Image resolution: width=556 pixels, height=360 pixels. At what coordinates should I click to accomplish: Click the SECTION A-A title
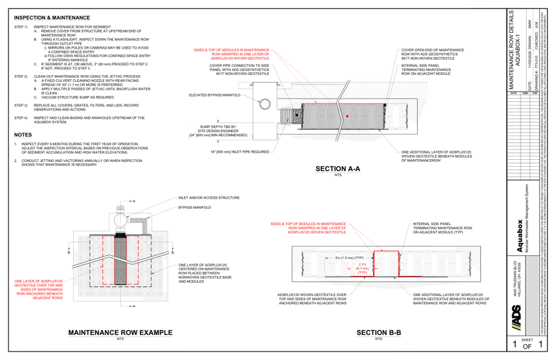338,168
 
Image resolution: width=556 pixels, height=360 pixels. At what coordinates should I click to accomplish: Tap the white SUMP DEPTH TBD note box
218,131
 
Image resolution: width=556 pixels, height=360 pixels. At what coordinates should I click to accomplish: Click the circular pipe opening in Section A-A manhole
265,103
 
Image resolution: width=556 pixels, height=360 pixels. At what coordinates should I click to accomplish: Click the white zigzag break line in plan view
119,258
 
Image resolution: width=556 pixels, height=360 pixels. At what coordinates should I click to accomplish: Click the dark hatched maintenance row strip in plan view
119,275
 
